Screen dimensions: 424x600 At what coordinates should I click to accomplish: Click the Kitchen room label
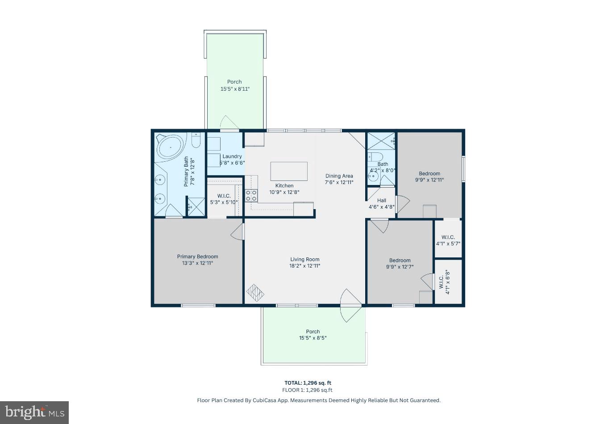pos(284,186)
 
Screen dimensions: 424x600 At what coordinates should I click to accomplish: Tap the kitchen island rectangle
pos(289,171)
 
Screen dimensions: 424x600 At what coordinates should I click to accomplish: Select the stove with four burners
pos(251,195)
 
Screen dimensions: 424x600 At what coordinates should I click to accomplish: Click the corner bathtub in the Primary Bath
pos(169,146)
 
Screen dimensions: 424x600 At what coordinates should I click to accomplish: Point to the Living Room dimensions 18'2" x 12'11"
pos(305,266)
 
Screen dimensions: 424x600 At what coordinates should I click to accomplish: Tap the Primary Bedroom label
pos(197,256)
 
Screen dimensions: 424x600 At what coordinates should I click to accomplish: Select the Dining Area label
pos(339,176)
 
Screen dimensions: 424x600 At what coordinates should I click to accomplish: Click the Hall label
pos(382,201)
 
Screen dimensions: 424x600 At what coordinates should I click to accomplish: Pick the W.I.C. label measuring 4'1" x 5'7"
pos(448,237)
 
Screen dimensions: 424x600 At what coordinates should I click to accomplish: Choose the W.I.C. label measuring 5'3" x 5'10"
pos(224,196)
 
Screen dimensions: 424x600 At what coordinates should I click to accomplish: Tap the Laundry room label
pos(232,156)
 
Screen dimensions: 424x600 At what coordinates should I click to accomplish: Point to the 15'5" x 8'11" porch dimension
pos(235,89)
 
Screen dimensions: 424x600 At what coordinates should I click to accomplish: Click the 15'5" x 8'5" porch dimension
pos(313,338)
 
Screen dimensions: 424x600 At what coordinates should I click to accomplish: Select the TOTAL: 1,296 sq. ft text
pos(308,383)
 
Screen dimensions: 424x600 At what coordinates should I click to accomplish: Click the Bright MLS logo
pos(35,412)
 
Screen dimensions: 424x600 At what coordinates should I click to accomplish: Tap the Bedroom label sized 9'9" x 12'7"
pos(400,260)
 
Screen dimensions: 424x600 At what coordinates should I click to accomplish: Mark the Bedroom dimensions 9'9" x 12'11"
pos(429,180)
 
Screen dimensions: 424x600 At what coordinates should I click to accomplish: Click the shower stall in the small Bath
pos(381,141)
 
